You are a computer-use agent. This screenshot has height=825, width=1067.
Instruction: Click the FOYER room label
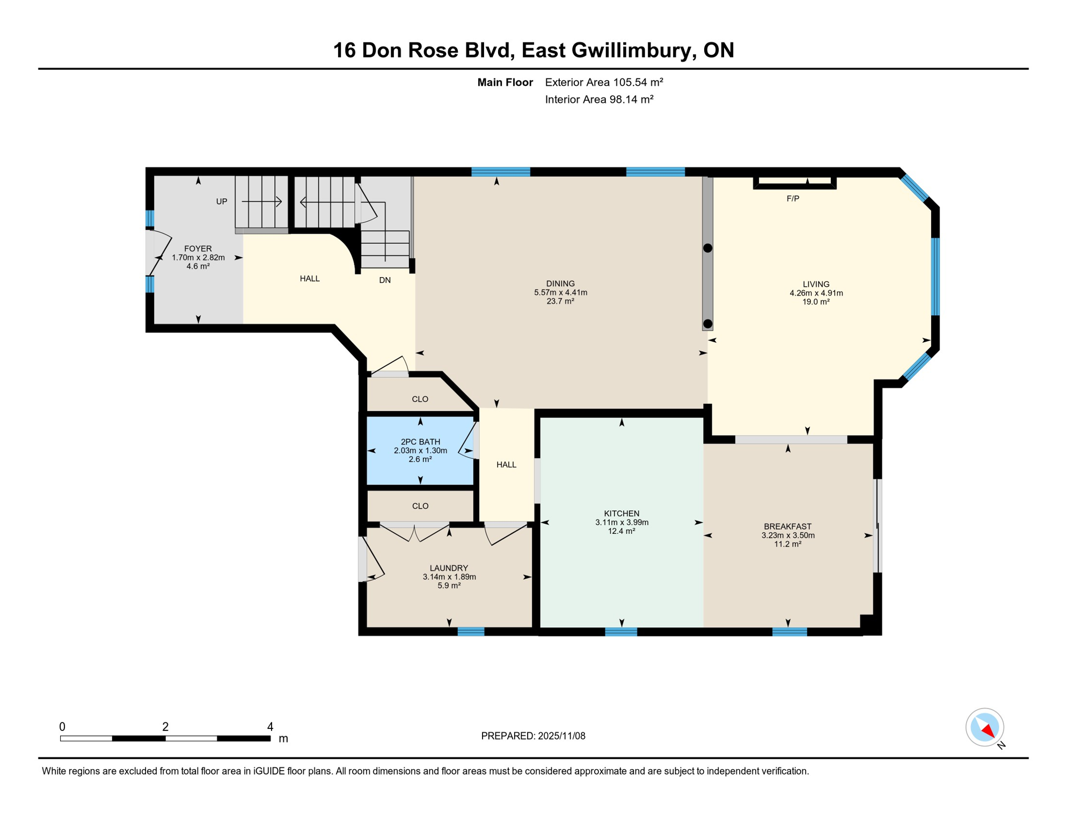198,249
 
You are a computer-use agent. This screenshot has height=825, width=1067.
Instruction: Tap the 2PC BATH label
420,442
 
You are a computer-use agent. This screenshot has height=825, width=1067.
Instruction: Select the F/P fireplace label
793,199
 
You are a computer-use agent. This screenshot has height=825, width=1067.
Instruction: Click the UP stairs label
222,201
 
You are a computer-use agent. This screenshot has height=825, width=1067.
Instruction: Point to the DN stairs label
385,280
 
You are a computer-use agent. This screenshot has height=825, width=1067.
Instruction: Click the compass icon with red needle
985,727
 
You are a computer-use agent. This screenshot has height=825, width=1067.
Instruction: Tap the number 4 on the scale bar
270,727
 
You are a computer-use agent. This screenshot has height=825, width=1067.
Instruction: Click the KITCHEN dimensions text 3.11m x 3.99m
622,523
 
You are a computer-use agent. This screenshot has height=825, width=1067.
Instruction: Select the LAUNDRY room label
449,568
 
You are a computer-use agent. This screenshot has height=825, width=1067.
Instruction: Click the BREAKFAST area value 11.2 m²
787,544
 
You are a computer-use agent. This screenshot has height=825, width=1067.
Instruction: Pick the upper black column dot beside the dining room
708,248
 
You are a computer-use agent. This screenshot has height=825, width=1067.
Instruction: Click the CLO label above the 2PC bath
420,399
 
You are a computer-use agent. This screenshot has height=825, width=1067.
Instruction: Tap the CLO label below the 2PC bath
420,506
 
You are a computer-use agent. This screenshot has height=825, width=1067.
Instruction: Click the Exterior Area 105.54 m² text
604,82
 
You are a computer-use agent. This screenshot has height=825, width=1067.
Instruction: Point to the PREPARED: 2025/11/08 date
533,736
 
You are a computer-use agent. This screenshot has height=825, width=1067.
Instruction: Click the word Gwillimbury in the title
631,50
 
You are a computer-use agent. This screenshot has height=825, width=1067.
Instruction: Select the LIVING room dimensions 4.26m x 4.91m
816,293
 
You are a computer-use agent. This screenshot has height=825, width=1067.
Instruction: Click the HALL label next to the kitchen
506,465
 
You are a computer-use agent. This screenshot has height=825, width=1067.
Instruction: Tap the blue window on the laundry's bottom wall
471,632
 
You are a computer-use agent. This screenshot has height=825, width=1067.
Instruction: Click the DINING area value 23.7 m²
560,301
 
